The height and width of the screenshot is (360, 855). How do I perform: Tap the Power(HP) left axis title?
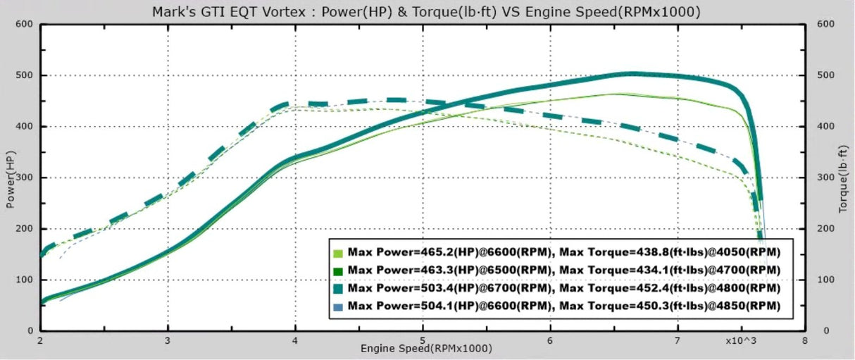click(x=11, y=178)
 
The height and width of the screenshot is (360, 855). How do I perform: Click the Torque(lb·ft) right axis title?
click(x=844, y=178)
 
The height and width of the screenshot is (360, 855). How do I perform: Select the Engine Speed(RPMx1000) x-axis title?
click(x=426, y=348)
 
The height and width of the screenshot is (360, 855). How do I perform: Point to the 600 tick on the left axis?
click(x=25, y=24)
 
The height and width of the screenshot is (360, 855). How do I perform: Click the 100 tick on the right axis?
click(x=825, y=280)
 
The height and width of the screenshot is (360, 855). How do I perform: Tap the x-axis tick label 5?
click(x=423, y=339)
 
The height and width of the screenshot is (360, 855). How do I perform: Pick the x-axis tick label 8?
click(x=804, y=339)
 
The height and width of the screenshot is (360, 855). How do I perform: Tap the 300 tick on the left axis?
click(x=25, y=178)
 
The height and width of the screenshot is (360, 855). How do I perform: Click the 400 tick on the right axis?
click(x=825, y=126)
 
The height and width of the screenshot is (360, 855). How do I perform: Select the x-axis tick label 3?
click(x=168, y=339)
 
